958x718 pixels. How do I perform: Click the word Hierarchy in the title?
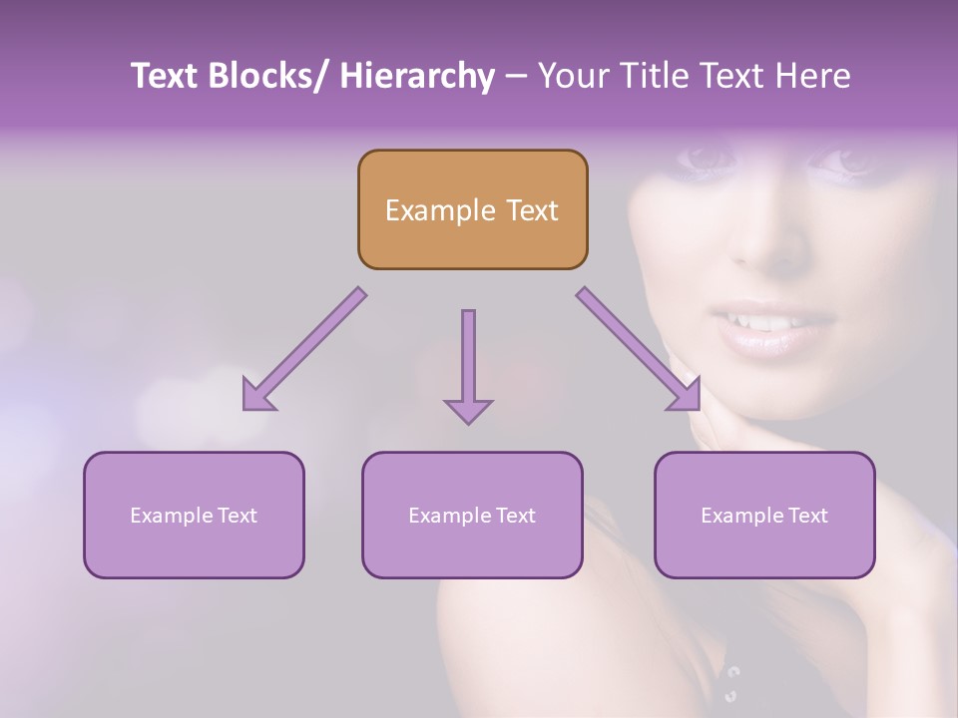417,76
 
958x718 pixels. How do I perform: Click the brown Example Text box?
472,210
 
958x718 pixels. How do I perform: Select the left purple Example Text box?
194,516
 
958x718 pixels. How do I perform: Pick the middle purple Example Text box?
472,516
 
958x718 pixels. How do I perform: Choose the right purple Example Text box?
764,516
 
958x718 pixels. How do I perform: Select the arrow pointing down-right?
640,349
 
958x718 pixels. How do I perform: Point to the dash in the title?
516,76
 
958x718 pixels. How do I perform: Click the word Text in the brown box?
529,210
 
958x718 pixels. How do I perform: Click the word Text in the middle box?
515,516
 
